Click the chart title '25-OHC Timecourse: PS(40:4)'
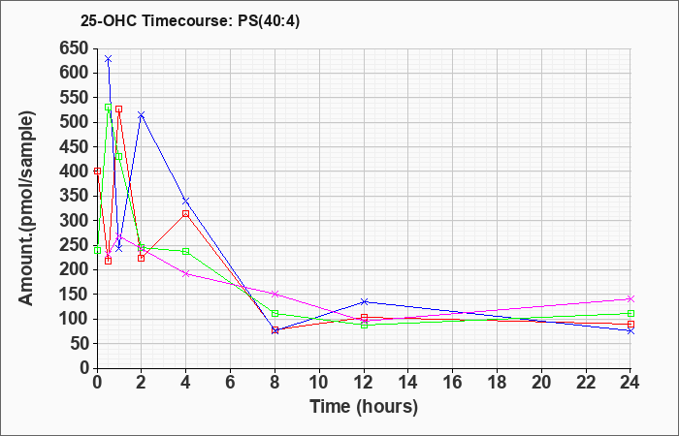click(x=190, y=21)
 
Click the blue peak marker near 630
click(x=109, y=58)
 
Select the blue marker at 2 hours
click(x=142, y=115)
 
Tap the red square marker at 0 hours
click(x=97, y=171)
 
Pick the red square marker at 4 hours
click(x=186, y=214)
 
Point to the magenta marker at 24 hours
click(x=630, y=298)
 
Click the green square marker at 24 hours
click(x=630, y=314)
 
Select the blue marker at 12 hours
click(x=364, y=301)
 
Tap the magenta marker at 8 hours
click(x=275, y=295)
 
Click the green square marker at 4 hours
click(x=186, y=251)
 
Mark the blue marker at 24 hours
click(x=630, y=331)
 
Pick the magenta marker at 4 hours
click(x=186, y=274)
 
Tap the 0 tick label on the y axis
click(x=84, y=368)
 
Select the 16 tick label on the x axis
click(x=453, y=383)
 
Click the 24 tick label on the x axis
click(x=630, y=383)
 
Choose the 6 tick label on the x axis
click(x=231, y=383)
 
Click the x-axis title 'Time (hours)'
click(x=364, y=407)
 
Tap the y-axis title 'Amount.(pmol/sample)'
click(x=26, y=208)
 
